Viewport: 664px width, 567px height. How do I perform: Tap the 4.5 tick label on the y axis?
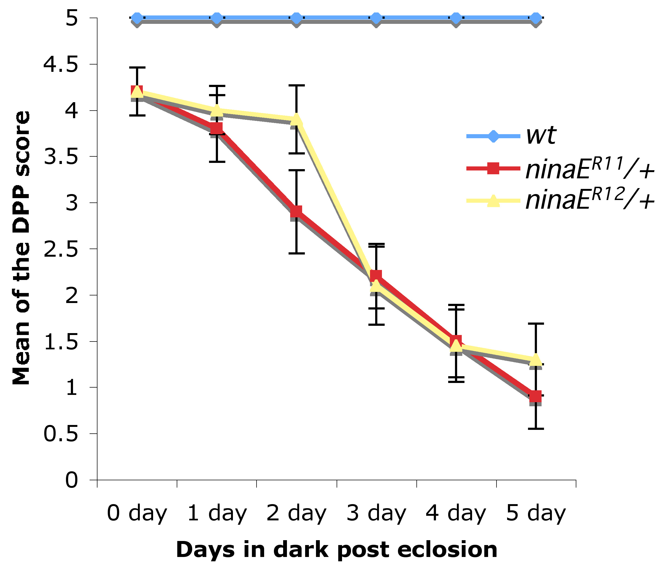pos(61,65)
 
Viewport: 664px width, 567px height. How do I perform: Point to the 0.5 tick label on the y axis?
pos(61,434)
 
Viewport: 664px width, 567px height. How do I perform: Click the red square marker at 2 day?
pos(296,211)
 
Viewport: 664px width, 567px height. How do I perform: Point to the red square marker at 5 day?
pos(536,397)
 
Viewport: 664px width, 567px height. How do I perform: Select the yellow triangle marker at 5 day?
pos(536,360)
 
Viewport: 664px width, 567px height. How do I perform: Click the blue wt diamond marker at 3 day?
pos(376,18)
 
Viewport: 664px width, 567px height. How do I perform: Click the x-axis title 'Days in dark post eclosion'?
pos(337,549)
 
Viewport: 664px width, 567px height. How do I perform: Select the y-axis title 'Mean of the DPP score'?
pos(21,248)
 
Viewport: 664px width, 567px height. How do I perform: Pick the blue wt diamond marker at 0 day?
pos(137,18)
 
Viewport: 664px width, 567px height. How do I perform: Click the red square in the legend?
pos(493,168)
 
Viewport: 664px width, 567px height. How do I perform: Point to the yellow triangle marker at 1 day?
pos(217,110)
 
